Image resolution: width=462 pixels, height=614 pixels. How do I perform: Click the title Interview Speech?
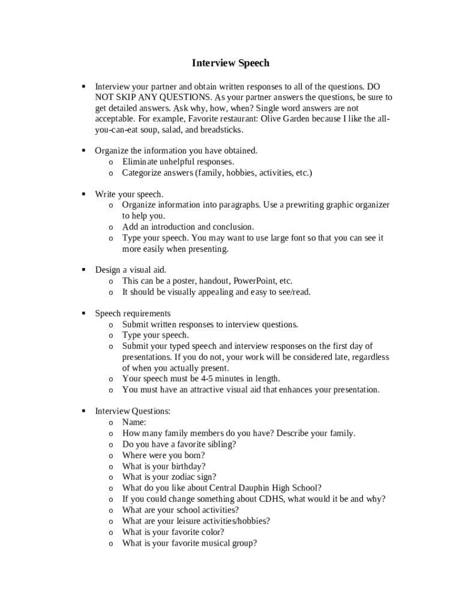[x=230, y=63]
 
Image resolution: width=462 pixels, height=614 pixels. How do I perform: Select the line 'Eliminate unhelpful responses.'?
[x=178, y=162]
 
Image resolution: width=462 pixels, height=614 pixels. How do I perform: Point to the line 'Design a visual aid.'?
[x=131, y=270]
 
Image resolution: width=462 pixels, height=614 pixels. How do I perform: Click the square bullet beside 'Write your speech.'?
[x=83, y=194]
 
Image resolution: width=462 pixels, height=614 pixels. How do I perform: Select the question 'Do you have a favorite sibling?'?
[x=179, y=444]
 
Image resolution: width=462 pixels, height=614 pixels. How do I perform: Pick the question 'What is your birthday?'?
[x=164, y=466]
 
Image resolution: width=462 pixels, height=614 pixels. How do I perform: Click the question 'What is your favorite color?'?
[x=173, y=532]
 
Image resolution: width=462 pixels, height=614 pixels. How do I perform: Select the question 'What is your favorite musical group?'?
[x=190, y=543]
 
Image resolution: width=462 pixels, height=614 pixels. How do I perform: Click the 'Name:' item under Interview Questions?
[x=134, y=422]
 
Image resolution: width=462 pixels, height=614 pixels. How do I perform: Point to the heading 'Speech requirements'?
[x=133, y=314]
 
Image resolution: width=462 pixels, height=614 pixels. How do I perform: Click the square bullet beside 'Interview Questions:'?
[x=83, y=411]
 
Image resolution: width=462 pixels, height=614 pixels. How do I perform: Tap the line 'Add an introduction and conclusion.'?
[x=188, y=227]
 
